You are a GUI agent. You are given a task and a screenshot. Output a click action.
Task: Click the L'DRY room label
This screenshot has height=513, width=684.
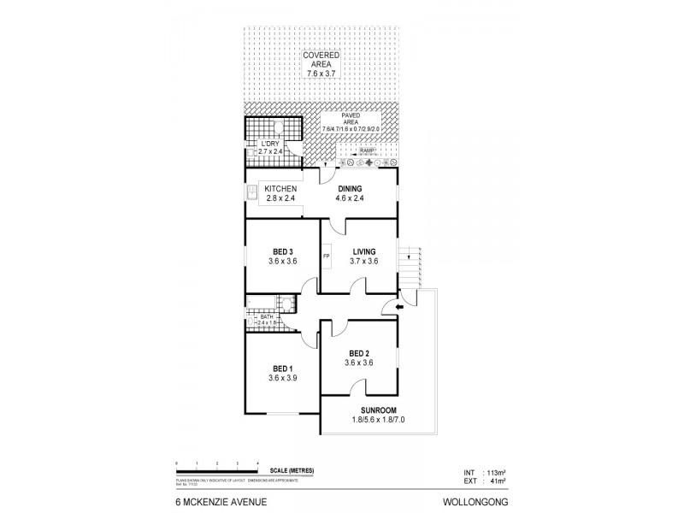tap(271, 143)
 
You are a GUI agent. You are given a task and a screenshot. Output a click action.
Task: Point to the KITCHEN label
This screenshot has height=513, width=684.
tap(280, 189)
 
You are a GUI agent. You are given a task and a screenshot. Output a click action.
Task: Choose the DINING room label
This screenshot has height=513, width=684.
tap(350, 189)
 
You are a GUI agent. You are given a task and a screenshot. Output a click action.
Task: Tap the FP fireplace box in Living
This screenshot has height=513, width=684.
tap(327, 256)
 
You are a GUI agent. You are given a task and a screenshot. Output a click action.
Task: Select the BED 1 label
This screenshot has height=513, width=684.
tap(280, 368)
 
